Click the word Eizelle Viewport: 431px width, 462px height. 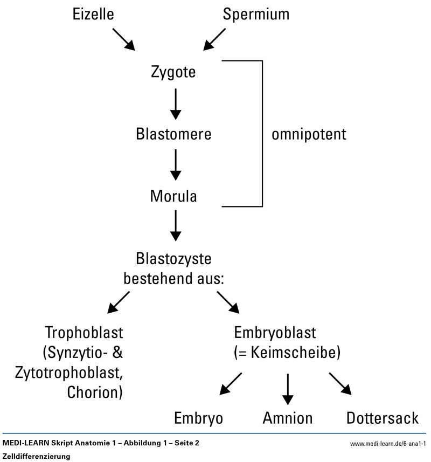[93, 15]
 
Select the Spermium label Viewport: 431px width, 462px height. [256, 15]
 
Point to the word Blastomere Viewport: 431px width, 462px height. [174, 134]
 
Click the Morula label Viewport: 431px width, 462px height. [173, 196]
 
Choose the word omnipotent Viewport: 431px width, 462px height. [309, 134]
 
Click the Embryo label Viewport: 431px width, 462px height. [198, 418]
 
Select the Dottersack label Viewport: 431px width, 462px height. [383, 418]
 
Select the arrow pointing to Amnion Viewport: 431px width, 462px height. [288, 387]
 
